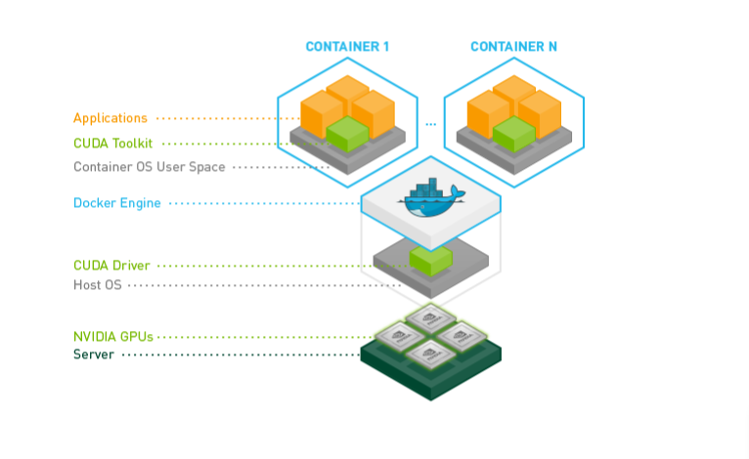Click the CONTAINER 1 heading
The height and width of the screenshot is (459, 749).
[347, 47]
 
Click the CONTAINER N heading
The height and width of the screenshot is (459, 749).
[513, 47]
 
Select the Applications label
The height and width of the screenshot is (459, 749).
[110, 118]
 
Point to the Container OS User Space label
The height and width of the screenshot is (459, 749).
[150, 167]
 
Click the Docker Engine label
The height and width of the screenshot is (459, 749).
[117, 203]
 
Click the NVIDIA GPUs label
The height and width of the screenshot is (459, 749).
[113, 337]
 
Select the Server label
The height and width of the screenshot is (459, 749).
[94, 355]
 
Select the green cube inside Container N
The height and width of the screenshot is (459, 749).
[514, 133]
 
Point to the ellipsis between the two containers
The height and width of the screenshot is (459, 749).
[430, 125]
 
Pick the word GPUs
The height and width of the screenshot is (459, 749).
[136, 337]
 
